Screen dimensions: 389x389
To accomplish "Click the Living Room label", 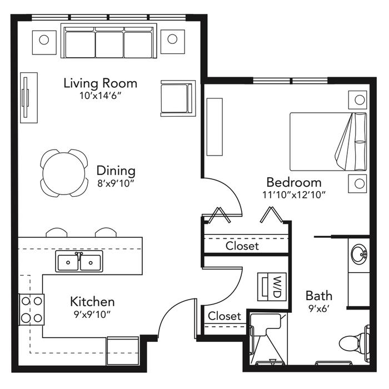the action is point(101,83).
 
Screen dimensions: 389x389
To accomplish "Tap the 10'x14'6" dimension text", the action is point(100,96).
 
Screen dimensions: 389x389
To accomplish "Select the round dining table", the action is point(64,173).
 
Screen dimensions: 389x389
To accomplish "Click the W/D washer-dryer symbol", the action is point(272,287).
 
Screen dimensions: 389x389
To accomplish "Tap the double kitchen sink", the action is point(79,261).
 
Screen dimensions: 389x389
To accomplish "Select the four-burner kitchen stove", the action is point(32,310).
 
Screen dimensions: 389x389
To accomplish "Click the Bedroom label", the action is point(294,183).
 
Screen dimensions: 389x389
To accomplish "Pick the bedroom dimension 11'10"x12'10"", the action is point(294,194).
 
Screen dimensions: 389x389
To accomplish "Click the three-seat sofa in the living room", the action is point(109,41).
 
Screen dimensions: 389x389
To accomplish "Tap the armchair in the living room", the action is point(178,98).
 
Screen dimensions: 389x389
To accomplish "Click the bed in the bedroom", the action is point(328,142).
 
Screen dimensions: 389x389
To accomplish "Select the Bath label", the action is point(319,296).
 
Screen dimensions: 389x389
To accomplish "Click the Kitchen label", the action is point(92,302).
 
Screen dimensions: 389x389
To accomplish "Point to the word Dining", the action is point(116,171).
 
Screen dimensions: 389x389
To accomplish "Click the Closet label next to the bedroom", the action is point(242,246).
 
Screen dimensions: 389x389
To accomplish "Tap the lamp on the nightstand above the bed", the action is point(360,100).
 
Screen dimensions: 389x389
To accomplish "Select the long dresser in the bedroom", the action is point(215,127).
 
